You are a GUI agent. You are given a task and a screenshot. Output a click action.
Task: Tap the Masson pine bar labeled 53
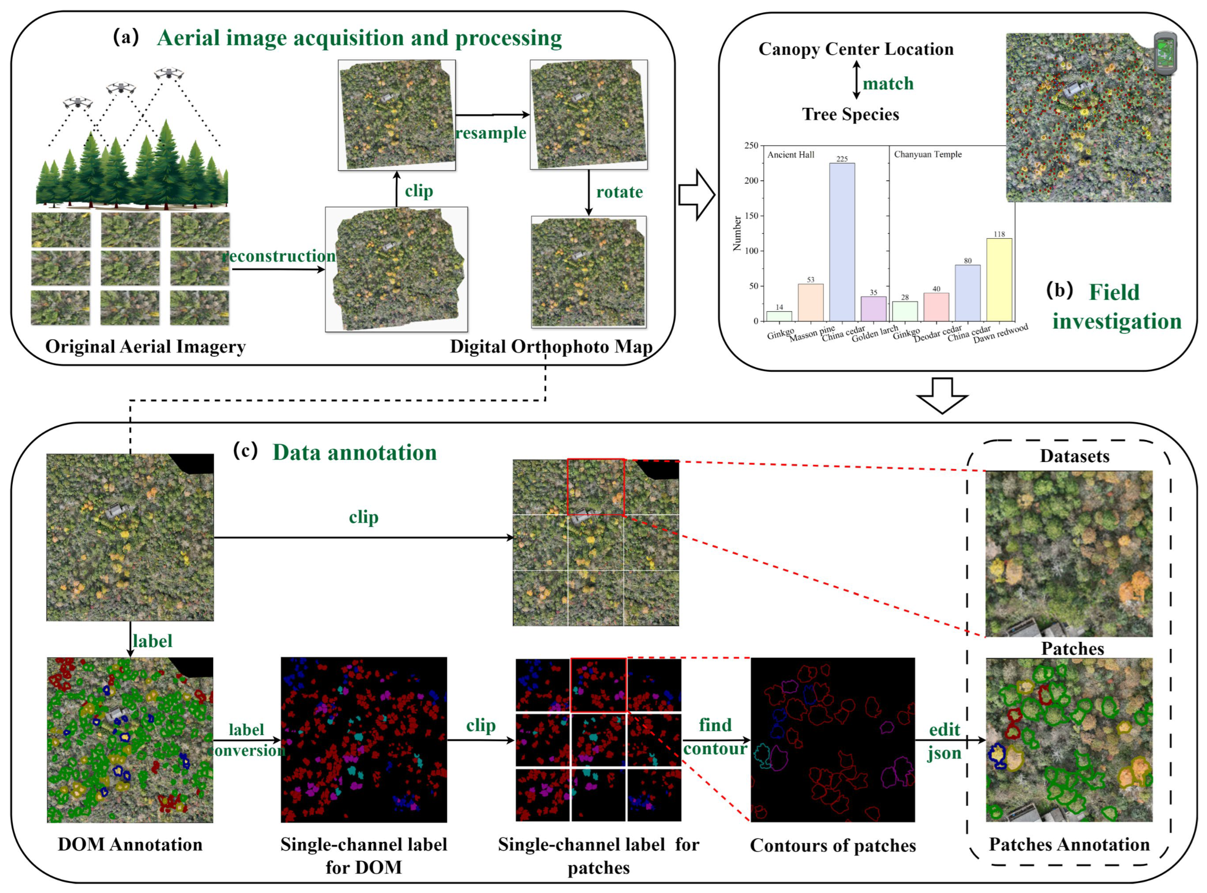click(x=811, y=302)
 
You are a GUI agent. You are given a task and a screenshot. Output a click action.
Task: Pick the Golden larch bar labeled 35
click(x=873, y=309)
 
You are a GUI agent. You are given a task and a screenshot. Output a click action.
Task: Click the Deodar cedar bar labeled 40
click(x=936, y=307)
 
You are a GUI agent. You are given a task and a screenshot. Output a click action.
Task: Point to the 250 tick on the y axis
click(x=751, y=146)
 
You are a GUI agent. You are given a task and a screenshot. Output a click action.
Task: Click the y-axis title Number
click(x=737, y=233)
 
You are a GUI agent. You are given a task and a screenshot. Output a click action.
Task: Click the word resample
click(x=491, y=133)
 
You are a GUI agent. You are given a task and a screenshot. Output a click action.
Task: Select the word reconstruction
click(x=280, y=256)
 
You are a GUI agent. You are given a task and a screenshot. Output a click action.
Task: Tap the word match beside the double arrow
click(x=888, y=84)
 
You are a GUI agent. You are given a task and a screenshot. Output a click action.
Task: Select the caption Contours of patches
click(x=833, y=846)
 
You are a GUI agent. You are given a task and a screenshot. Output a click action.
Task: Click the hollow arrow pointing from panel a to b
click(x=696, y=195)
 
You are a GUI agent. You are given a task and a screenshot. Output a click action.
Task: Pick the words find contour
click(x=715, y=737)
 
